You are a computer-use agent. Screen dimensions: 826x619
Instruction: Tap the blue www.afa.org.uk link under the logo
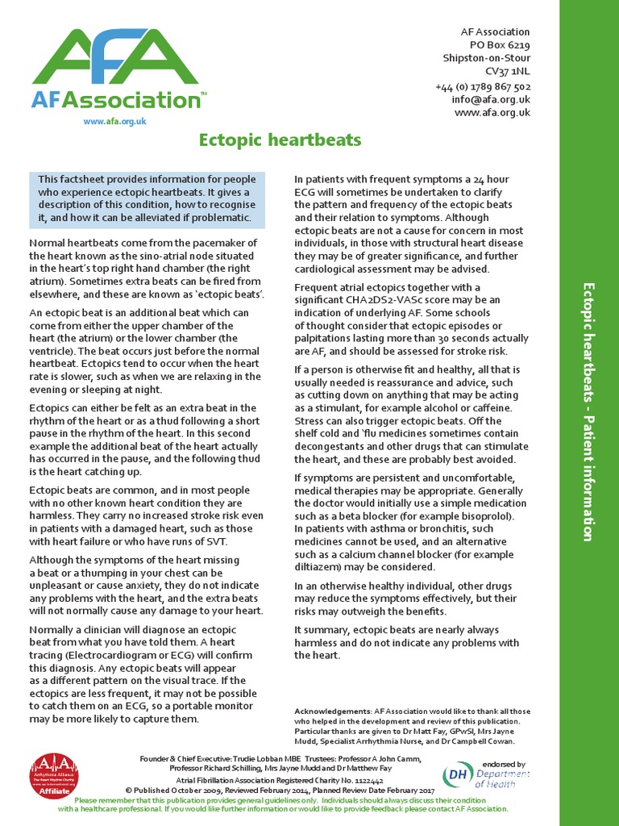click(x=115, y=121)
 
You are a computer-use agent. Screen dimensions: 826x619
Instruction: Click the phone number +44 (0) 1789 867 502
click(x=483, y=86)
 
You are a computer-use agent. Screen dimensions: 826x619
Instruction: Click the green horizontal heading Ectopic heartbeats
click(x=280, y=140)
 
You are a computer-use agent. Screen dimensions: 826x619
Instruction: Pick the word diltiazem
click(x=320, y=567)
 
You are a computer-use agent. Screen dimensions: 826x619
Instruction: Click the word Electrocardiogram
click(x=109, y=655)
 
